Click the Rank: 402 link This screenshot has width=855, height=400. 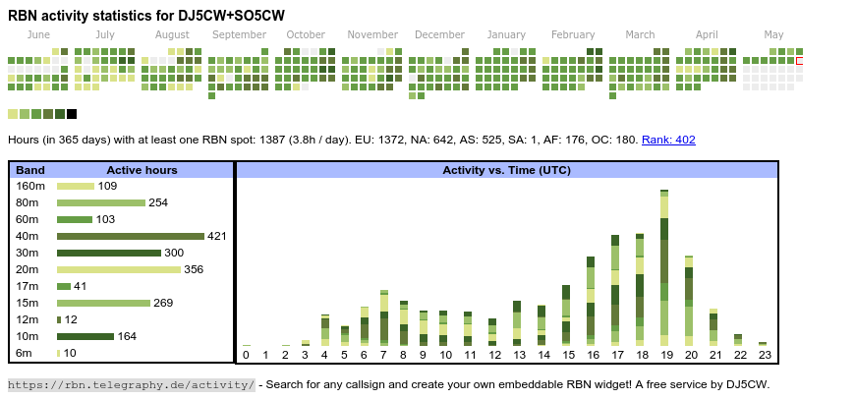coord(668,140)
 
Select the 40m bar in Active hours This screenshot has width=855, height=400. coord(130,236)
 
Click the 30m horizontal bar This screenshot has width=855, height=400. coord(108,253)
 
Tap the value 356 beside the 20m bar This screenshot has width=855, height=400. coord(194,269)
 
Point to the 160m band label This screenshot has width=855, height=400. coord(30,186)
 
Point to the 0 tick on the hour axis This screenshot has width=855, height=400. coord(246,355)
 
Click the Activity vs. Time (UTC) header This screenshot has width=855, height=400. coord(506,170)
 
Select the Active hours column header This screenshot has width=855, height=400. coord(142,170)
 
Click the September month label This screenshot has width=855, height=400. coord(239,34)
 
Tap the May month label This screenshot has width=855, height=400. coord(773,34)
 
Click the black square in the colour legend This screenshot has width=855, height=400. coord(72,114)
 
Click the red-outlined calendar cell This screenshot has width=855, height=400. coord(800,61)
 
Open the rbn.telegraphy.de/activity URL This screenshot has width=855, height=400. coord(132,384)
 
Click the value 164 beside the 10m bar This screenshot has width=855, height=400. coord(128,336)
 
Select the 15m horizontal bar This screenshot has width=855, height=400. coord(103,303)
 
